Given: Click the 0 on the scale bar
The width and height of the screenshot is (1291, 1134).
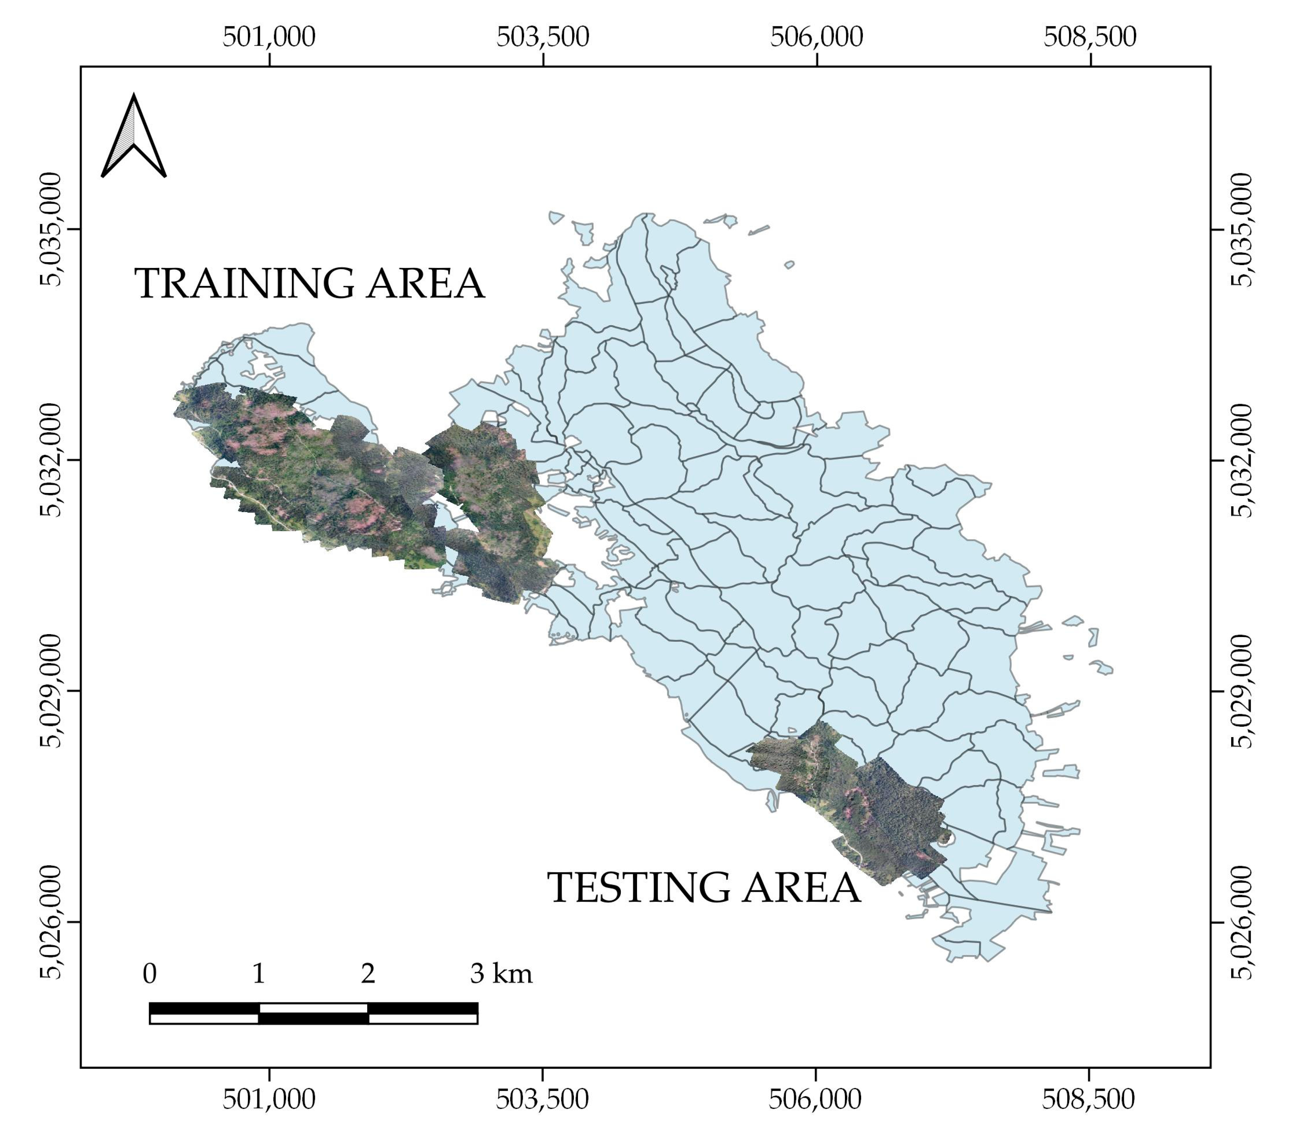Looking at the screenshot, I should [150, 974].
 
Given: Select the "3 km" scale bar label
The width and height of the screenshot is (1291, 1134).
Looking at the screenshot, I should [501, 974].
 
